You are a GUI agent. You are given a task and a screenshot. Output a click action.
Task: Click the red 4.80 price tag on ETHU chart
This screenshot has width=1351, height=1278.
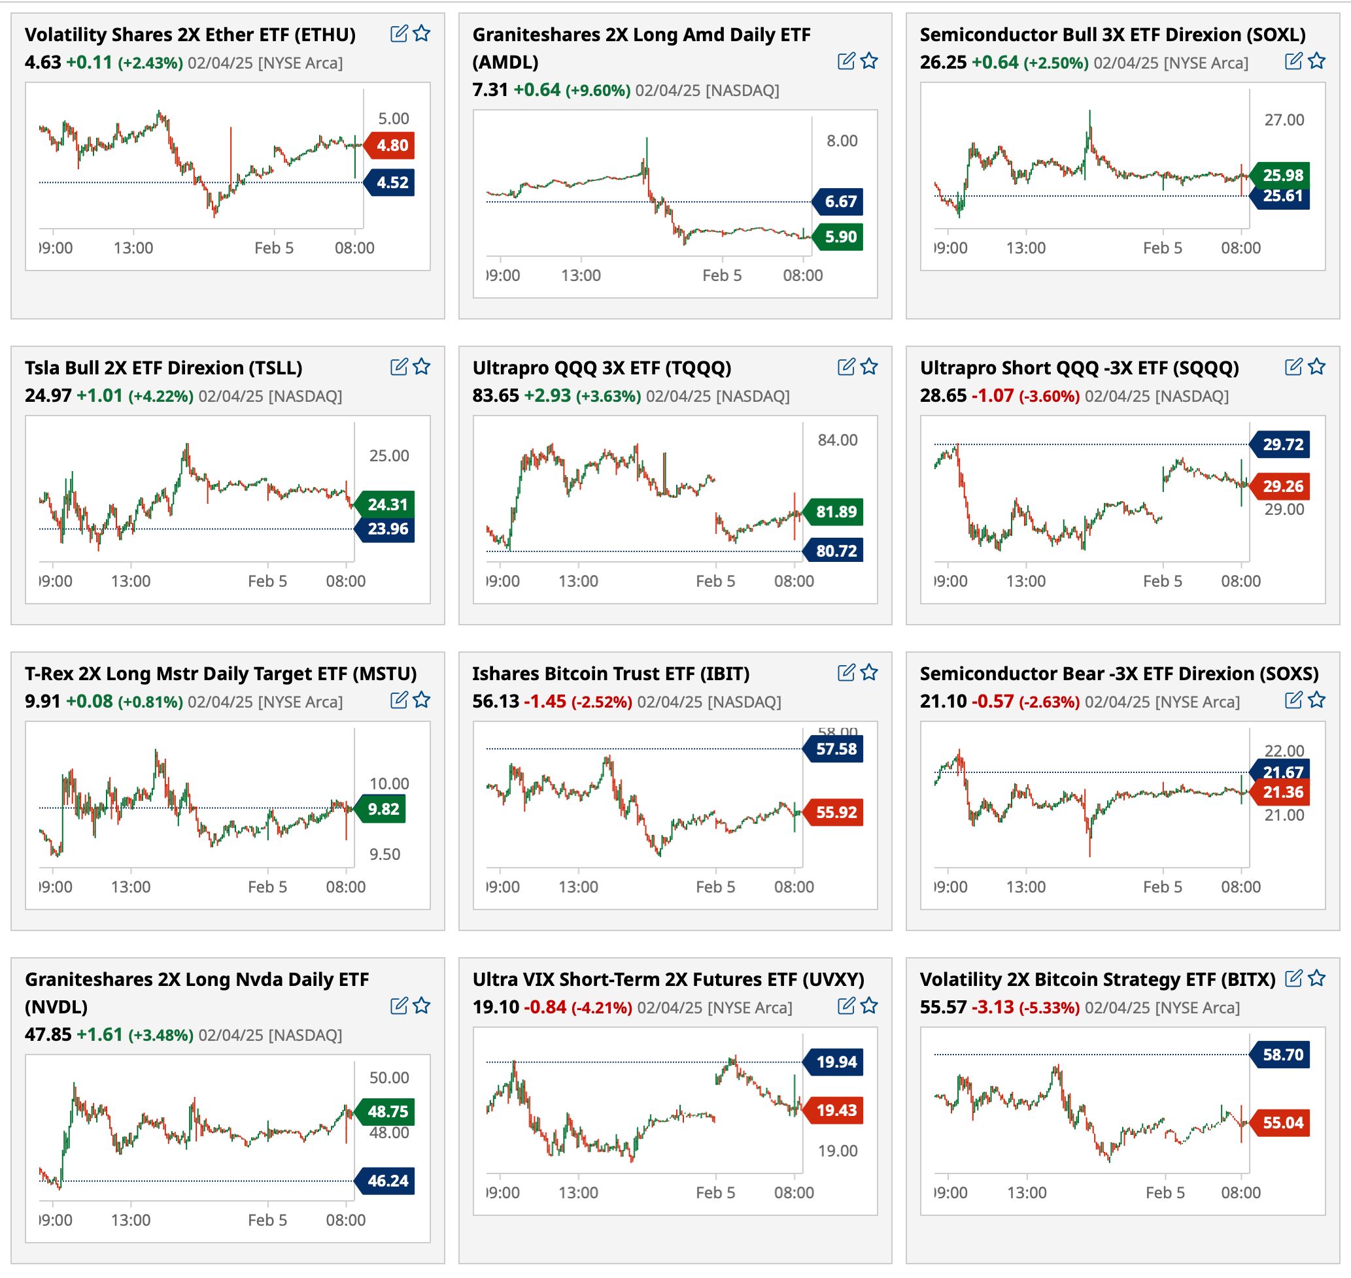pos(392,145)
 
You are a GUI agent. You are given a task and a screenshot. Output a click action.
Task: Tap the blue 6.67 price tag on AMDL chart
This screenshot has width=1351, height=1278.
pos(840,202)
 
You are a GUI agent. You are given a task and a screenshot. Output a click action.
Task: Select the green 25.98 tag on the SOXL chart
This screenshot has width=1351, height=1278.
pos(1282,175)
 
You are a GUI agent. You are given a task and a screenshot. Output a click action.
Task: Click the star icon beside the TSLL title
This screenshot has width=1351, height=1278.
pos(422,367)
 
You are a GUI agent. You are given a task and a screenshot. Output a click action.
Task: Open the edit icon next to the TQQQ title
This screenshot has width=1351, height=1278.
pos(846,367)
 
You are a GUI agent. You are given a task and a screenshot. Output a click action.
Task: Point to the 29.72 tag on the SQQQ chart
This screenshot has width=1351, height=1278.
pos(1282,445)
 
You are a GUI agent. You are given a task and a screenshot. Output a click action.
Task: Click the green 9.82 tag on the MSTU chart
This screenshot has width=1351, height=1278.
pos(383,810)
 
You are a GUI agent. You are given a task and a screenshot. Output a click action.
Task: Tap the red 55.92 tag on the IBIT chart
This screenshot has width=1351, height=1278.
pos(836,812)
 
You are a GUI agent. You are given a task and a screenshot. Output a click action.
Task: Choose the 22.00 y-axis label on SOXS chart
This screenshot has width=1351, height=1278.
pos(1284,751)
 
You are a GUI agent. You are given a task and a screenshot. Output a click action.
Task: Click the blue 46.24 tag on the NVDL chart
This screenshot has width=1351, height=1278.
pos(387,1181)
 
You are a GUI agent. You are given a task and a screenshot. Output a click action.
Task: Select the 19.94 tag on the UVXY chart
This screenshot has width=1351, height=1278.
pos(836,1062)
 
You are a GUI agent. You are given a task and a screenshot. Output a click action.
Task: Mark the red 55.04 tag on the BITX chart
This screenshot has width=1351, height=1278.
pos(1282,1122)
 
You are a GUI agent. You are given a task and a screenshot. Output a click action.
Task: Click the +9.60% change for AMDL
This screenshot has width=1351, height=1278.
pos(598,91)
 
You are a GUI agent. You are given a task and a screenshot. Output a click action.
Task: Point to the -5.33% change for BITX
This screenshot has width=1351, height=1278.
pos(1049,1008)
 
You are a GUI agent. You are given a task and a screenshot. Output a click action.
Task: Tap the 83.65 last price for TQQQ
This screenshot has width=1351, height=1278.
pos(496,396)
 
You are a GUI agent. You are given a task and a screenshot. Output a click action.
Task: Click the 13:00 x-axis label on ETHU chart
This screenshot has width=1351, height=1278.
pos(133,248)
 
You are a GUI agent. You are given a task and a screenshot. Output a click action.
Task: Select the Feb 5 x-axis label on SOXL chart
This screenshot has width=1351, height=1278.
pos(1162,248)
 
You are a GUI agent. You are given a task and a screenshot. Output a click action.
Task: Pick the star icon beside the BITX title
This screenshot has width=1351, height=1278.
pos(1317,979)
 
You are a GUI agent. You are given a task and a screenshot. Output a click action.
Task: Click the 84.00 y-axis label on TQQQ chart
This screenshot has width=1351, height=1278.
pos(837,440)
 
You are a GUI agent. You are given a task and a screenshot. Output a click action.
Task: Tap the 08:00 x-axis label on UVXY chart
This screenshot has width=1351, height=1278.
pos(793,1193)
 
